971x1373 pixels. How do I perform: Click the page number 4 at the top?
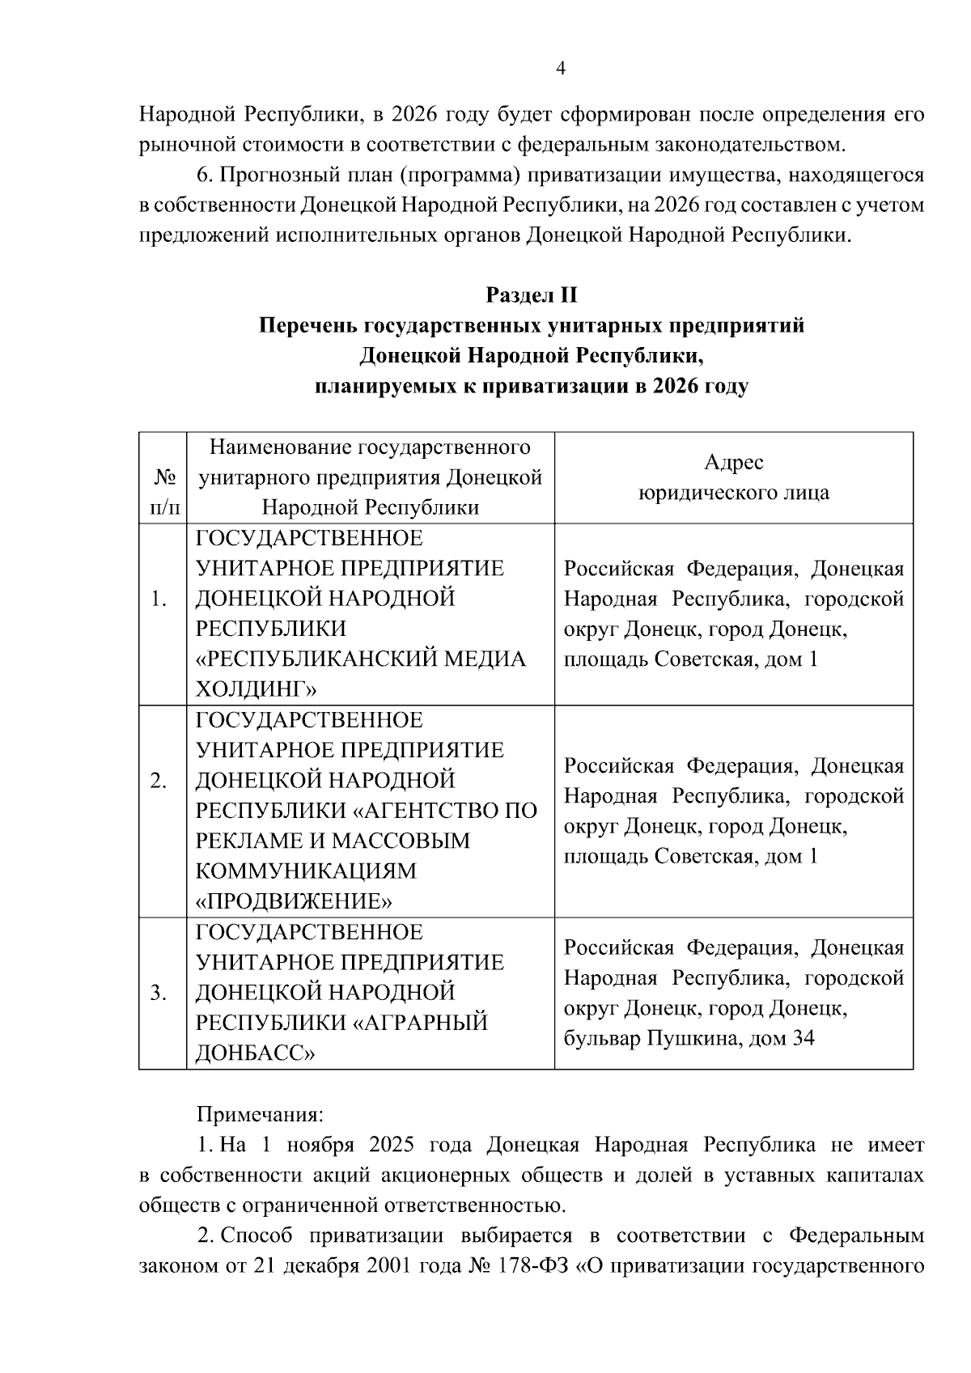coord(560,69)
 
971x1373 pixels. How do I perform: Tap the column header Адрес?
coord(733,463)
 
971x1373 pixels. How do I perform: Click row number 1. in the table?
coord(159,600)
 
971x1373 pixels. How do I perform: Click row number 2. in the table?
coord(159,781)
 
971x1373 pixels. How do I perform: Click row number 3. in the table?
coord(159,994)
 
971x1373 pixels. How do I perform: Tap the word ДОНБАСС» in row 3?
coord(255,1053)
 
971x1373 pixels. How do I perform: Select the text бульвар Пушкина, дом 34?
coord(689,1039)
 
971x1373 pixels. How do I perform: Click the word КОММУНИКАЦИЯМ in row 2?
coord(306,871)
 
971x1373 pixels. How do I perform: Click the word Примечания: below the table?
coord(260,1115)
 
